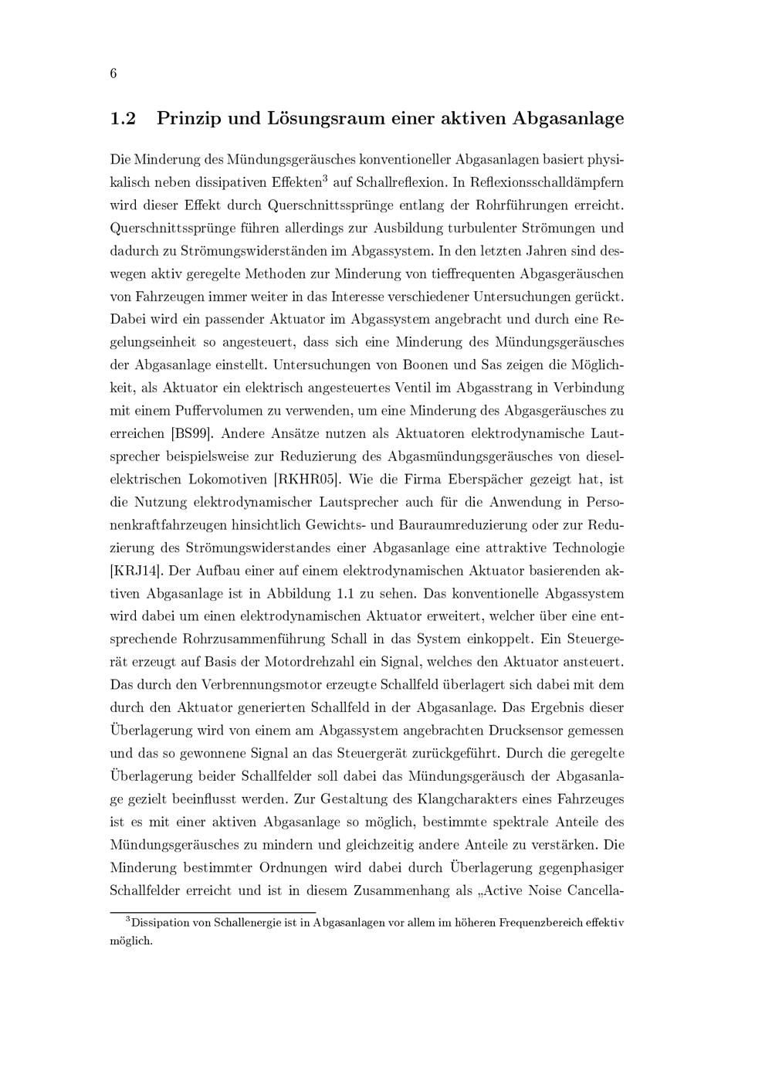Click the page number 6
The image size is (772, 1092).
coord(113,74)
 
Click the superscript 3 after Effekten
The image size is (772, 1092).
coord(325,179)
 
